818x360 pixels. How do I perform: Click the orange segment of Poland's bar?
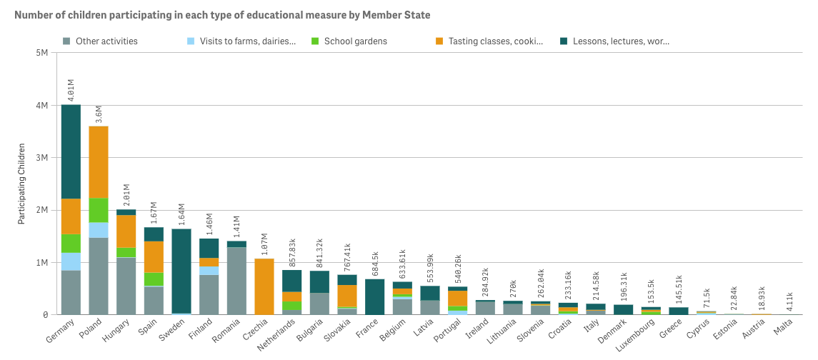click(99, 162)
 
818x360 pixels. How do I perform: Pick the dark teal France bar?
click(374, 296)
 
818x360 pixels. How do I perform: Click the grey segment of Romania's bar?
click(236, 281)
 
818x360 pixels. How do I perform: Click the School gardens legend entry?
click(355, 41)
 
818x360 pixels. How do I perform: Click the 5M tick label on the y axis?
click(42, 53)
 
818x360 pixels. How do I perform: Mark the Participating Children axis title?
click(21, 184)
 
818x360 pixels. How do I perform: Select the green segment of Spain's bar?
click(154, 279)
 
